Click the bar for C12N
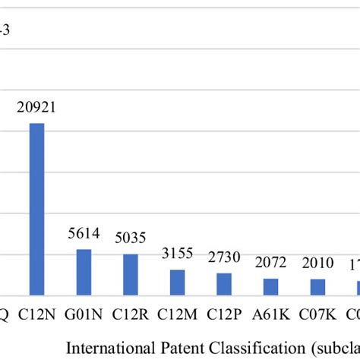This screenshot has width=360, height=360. (36, 209)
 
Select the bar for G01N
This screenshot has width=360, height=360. (84, 272)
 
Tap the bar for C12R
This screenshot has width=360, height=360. (131, 274)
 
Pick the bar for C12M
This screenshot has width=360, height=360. (177, 282)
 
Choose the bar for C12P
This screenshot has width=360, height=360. (224, 283)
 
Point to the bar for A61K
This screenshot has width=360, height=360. (271, 286)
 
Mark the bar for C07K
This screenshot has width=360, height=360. (317, 286)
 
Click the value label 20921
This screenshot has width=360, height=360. (36, 109)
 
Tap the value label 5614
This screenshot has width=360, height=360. (84, 236)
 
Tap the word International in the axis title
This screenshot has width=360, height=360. (112, 347)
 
